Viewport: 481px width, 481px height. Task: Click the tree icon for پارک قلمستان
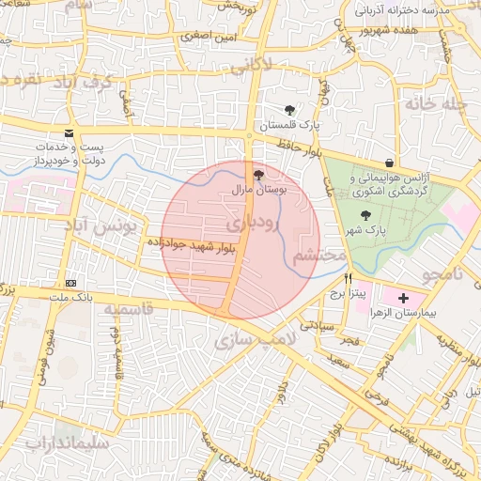289,110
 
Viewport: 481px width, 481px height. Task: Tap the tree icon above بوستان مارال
259,175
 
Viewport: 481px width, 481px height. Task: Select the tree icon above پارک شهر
365,215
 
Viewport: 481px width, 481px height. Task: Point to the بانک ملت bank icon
71,283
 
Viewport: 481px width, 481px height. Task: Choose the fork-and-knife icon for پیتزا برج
349,278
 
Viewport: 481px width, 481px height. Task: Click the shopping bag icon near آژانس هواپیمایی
389,163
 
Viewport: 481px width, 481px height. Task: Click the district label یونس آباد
101,226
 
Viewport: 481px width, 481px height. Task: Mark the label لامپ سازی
256,337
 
